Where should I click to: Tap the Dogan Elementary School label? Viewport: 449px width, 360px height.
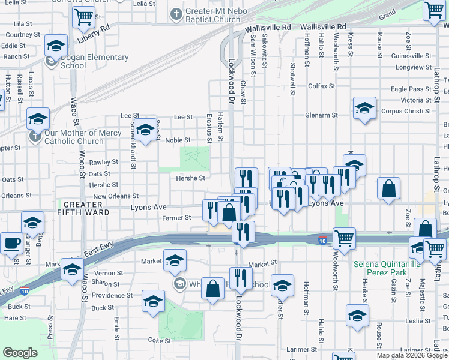(x=94, y=61)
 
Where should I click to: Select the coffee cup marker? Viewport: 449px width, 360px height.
(x=13, y=244)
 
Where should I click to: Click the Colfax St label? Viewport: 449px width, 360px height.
(x=321, y=86)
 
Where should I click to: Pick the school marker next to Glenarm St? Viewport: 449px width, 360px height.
(x=364, y=108)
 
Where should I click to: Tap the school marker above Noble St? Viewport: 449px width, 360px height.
(x=145, y=130)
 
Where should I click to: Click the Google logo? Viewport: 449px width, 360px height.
(x=20, y=353)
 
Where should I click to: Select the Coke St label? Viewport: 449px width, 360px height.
(x=160, y=340)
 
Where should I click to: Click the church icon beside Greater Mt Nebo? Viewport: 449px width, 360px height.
(x=176, y=13)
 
